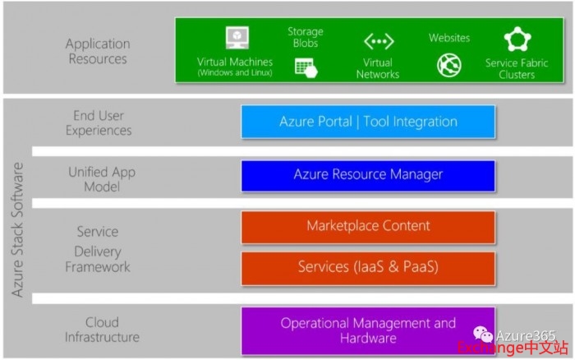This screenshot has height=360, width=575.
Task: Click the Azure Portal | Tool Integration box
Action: [368, 122]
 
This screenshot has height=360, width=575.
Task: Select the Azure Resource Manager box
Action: [368, 176]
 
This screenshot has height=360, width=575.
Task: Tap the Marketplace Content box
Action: [368, 227]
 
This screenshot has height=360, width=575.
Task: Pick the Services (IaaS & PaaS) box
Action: [368, 269]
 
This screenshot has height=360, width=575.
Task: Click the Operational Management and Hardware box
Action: [368, 331]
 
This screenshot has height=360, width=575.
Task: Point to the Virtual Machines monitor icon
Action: [237, 38]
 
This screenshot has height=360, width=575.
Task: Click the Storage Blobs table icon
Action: [306, 68]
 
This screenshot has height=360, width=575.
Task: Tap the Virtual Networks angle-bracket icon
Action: [379, 41]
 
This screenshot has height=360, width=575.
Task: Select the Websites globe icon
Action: [449, 65]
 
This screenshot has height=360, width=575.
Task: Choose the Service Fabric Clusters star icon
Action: [517, 39]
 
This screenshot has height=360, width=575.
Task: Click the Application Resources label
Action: [98, 51]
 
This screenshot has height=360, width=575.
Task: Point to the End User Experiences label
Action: [99, 123]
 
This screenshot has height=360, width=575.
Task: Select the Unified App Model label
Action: [102, 179]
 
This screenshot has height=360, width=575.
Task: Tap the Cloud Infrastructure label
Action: [102, 330]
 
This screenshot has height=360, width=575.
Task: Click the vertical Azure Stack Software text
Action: [17, 229]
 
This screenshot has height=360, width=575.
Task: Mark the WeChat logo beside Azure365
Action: [483, 334]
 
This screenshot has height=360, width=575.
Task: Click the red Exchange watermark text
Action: [513, 348]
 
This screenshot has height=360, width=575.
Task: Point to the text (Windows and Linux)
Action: [235, 72]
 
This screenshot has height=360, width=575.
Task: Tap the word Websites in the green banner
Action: [449, 38]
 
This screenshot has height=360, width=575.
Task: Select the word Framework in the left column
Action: [98, 267]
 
